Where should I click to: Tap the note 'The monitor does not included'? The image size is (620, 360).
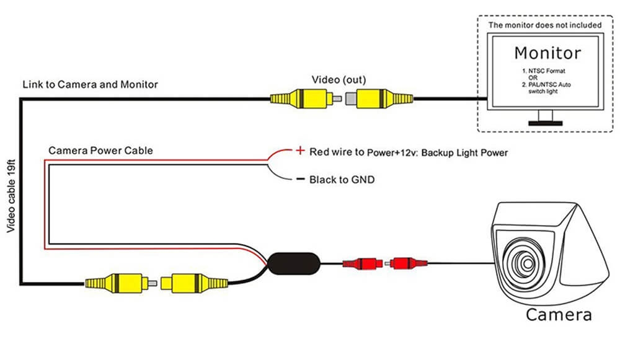[544, 25]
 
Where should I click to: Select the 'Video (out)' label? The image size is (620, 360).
[338, 80]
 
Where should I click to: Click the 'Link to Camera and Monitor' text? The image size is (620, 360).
[90, 84]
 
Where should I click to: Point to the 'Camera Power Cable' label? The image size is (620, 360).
[100, 151]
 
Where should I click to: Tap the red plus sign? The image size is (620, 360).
[300, 151]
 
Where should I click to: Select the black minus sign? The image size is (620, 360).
[300, 180]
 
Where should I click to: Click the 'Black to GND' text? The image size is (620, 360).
[342, 180]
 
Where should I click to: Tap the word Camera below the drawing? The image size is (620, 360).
[558, 314]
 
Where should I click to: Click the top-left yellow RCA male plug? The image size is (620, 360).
[301, 97]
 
